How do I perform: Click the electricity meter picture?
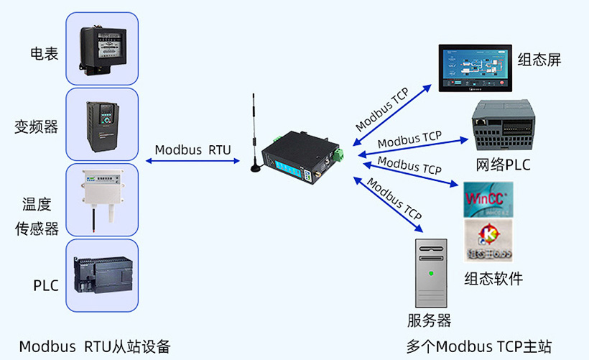[102, 49]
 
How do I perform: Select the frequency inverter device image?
[102, 124]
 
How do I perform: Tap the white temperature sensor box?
[101, 192]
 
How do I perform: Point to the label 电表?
[44, 54]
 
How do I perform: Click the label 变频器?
[36, 127]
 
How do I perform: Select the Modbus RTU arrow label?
[193, 150]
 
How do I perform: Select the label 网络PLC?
[503, 165]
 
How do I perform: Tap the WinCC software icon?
[488, 199]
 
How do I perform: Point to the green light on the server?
[431, 273]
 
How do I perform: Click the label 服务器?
[429, 320]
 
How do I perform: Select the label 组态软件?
[493, 279]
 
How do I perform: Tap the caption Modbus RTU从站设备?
[95, 346]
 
